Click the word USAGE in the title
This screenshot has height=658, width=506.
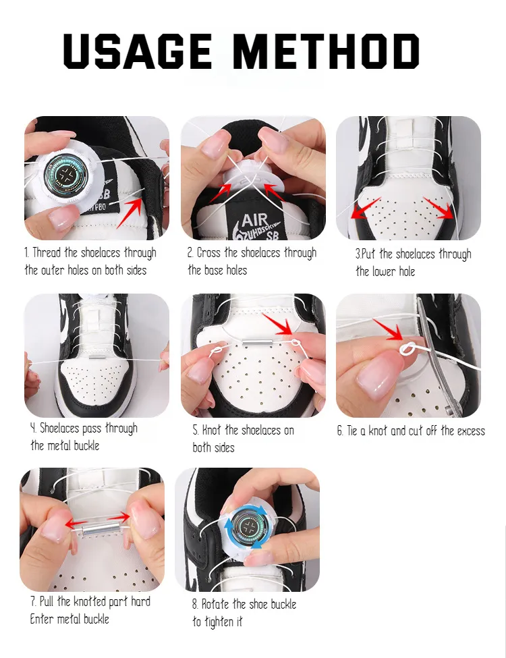pyautogui.click(x=137, y=51)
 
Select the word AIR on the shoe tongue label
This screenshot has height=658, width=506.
pyautogui.click(x=254, y=220)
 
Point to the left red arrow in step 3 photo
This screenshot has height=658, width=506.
pyautogui.click(x=365, y=209)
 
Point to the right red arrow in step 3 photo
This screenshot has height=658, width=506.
pyautogui.click(x=439, y=208)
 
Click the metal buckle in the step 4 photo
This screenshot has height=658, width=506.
pyautogui.click(x=96, y=358)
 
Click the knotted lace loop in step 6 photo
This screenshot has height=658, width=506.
pyautogui.click(x=409, y=349)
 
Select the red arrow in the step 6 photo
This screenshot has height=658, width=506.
pyautogui.click(x=388, y=330)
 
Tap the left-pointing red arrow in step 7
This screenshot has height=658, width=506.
pyautogui.click(x=76, y=524)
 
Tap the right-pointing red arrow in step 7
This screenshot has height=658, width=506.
pyautogui.click(x=119, y=516)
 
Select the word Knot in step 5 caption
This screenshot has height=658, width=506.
pyautogui.click(x=211, y=430)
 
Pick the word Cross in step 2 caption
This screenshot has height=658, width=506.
pyautogui.click(x=208, y=252)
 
